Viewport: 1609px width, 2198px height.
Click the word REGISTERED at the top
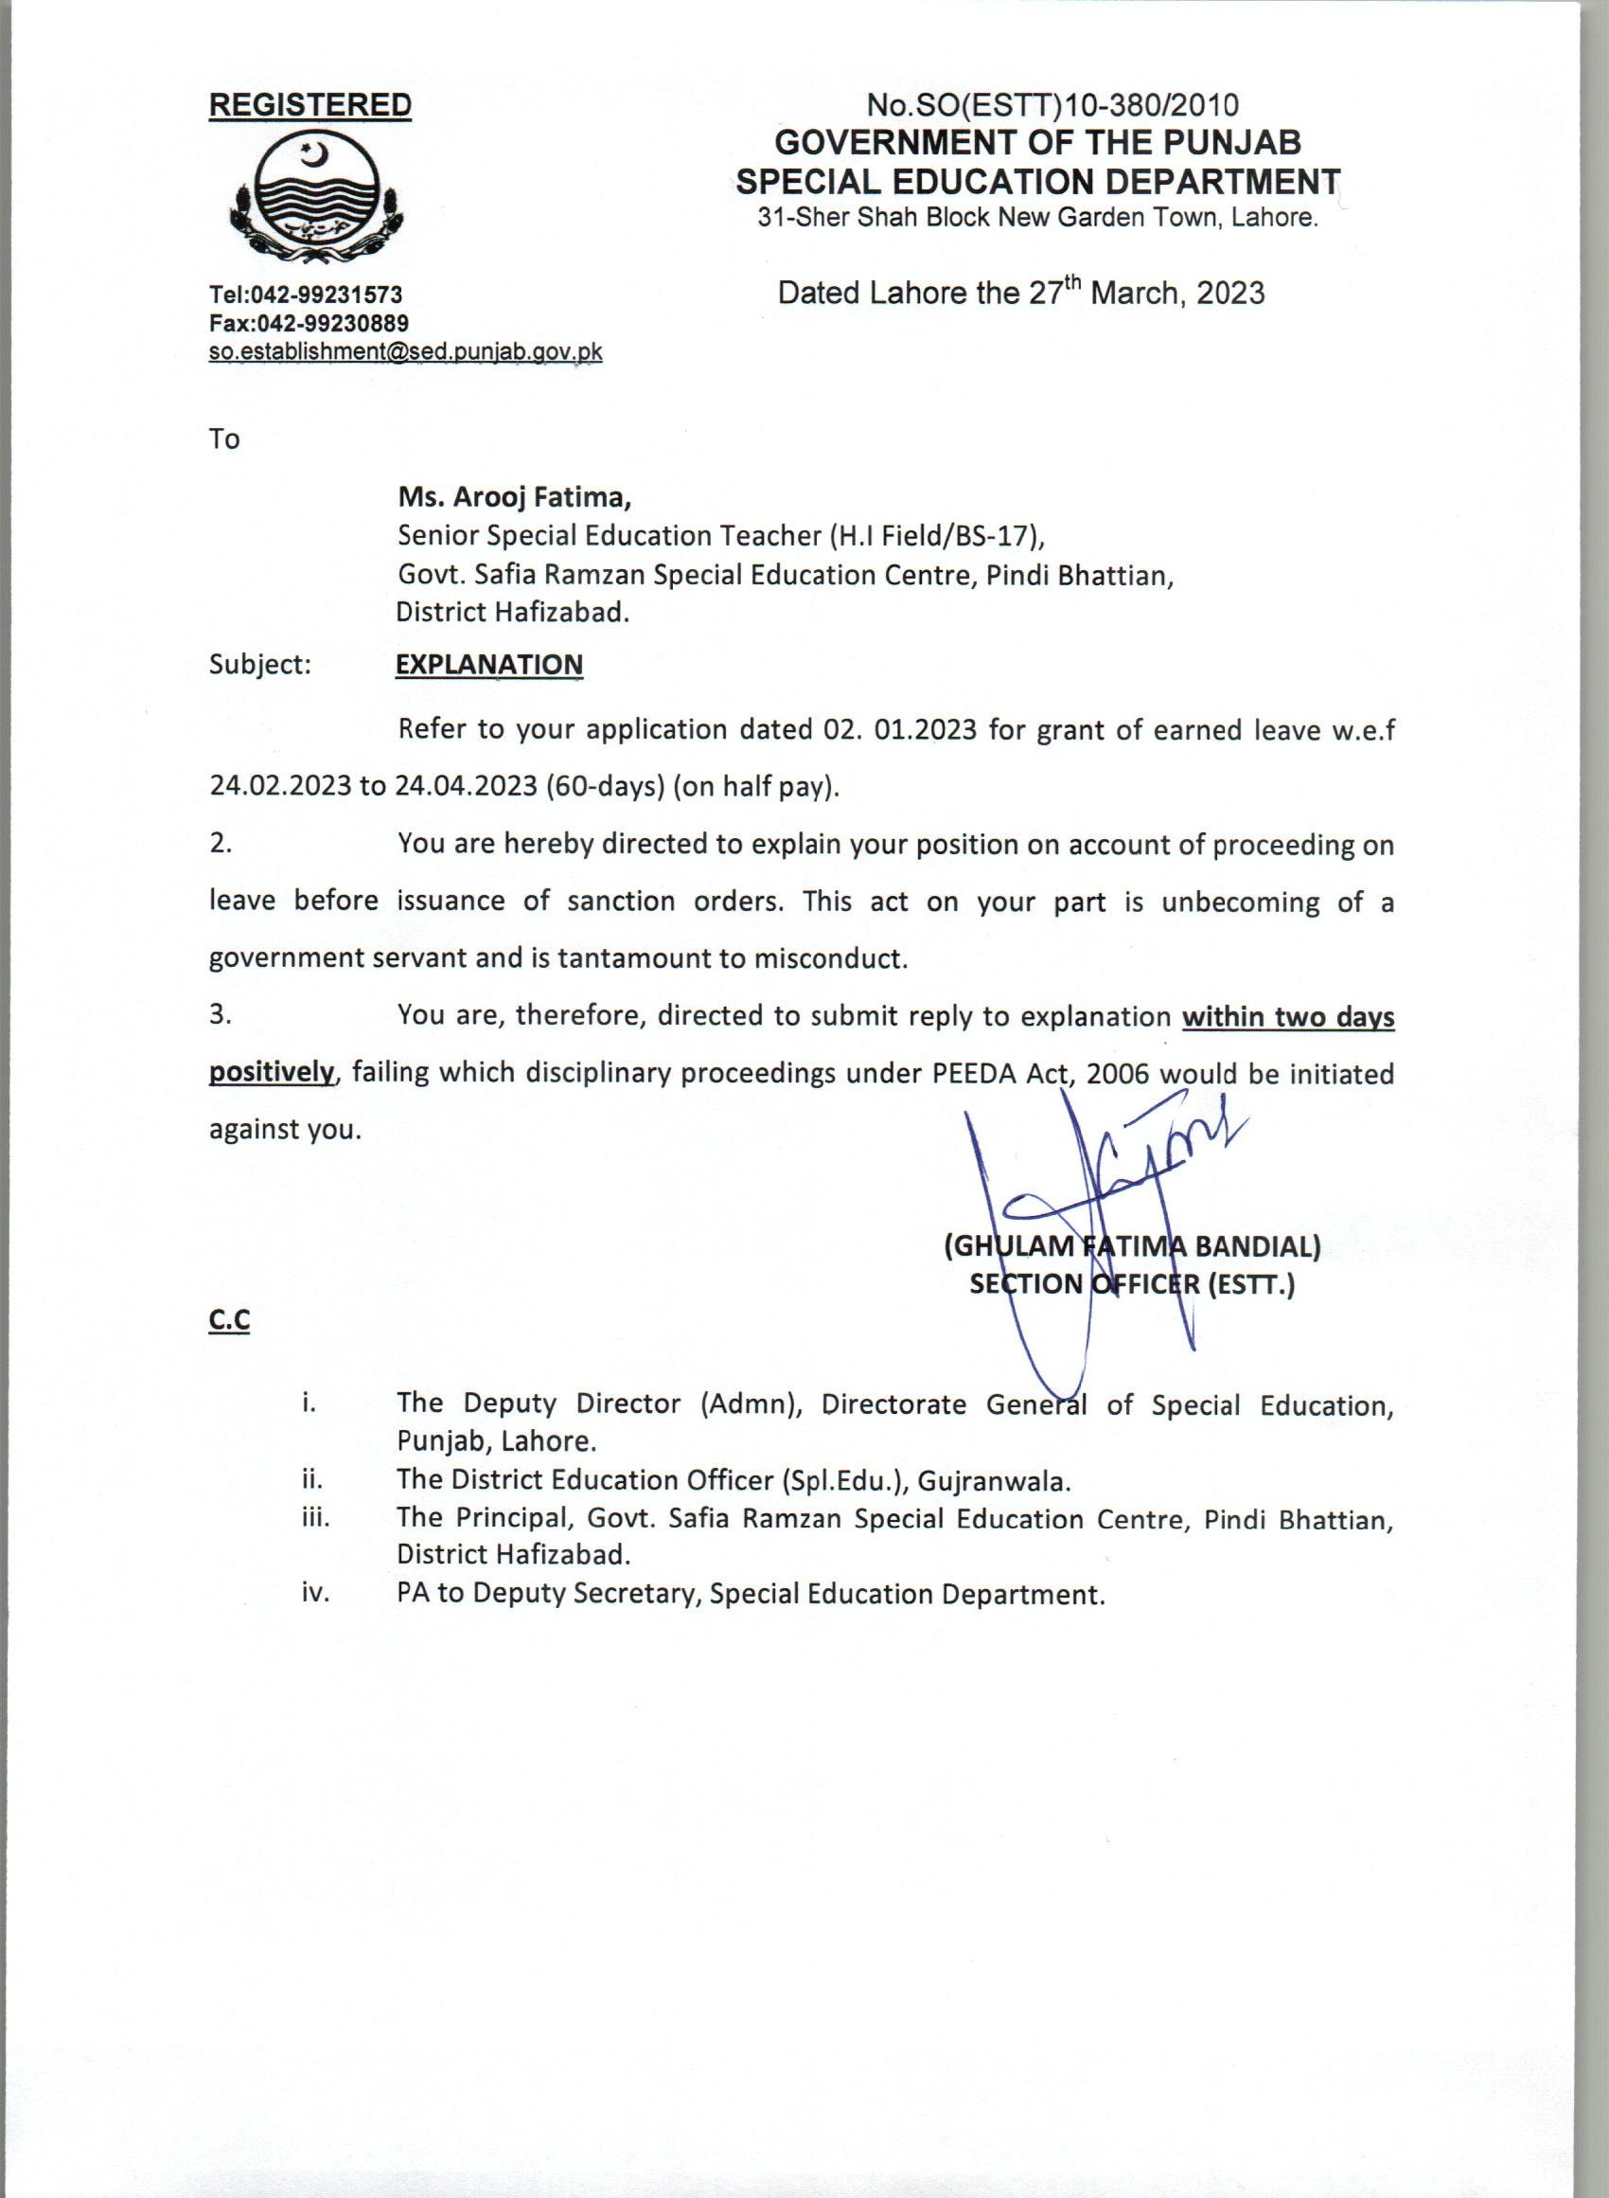(309, 105)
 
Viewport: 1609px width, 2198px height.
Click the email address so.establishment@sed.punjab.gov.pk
(405, 351)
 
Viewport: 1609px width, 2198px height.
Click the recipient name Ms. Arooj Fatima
(514, 498)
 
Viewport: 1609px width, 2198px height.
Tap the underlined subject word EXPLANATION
(489, 665)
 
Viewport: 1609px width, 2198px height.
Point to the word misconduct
(830, 958)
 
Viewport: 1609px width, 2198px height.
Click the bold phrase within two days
(1287, 1017)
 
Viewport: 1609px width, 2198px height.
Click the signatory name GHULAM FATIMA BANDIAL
(1133, 1246)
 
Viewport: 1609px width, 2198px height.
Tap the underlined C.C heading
(229, 1320)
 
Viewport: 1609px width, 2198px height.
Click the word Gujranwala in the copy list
(993, 1481)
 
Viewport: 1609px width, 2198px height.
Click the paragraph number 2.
(221, 844)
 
